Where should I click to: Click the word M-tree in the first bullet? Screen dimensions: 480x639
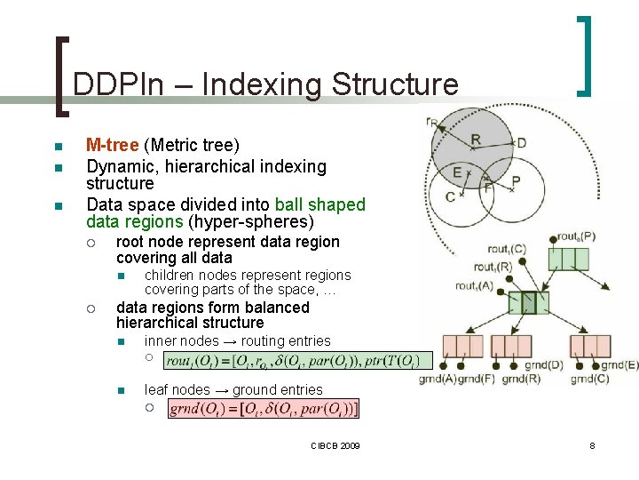[112, 145]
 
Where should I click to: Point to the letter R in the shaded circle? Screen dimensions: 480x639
[476, 140]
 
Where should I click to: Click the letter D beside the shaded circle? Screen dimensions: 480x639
[521, 142]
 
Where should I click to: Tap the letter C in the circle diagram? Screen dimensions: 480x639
[450, 196]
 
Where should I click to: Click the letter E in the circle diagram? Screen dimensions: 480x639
[456, 172]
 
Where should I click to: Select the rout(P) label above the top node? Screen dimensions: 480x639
[576, 236]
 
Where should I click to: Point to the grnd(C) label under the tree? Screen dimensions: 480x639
[588, 380]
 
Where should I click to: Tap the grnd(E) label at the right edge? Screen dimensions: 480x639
[619, 364]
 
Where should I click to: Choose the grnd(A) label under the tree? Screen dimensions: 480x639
[438, 380]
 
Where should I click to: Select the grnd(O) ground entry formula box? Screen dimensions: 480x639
[264, 409]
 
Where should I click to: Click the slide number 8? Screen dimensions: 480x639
[592, 444]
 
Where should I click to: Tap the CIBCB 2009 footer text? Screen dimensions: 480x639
[335, 444]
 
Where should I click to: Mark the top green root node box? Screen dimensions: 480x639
[568, 259]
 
